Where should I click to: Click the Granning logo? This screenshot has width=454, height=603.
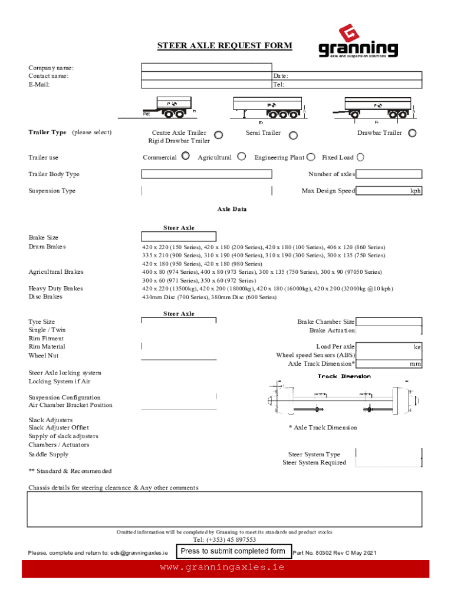point(358,42)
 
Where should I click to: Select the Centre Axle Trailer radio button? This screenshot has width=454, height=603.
point(218,135)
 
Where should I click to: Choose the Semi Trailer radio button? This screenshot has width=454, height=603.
point(293,135)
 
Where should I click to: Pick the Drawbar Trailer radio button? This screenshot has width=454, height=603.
point(412,133)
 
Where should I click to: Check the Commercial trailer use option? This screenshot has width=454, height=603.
point(186,156)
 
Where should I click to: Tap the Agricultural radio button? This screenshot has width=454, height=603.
point(242,156)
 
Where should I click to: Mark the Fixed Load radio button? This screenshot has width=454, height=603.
point(360,157)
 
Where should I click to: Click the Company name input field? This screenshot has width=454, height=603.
point(206,67)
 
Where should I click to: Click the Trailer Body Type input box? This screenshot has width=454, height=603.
point(206,174)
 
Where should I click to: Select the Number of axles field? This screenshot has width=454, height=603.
point(389,174)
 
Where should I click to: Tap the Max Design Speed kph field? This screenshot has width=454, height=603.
point(383,191)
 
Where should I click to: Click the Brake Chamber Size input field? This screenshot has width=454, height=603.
point(389,322)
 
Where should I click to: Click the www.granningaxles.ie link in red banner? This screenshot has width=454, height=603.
point(222,568)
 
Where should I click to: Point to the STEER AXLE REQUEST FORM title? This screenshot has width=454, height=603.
point(224,46)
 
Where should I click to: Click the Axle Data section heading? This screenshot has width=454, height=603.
point(232,209)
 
